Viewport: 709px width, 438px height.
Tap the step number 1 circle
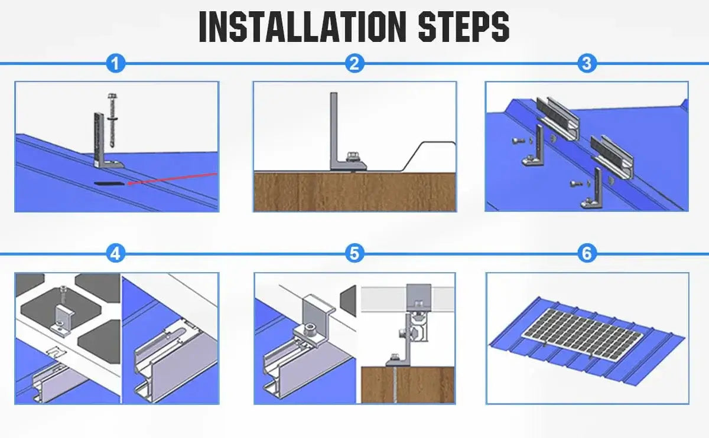point(116,63)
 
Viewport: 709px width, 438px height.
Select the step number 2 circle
point(354,63)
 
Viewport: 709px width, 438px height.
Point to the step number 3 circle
point(587,63)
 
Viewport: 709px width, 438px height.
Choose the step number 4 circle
point(116,253)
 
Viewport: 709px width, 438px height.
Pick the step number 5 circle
point(354,253)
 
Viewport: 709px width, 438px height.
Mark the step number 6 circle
point(587,253)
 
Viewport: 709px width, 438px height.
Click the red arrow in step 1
point(172,178)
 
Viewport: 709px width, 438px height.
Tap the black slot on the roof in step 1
point(108,183)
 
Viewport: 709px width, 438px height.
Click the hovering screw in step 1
point(112,120)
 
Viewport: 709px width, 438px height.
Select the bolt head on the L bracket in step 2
point(352,156)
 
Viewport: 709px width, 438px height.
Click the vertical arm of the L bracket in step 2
point(334,130)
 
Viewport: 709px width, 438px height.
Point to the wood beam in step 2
point(355,192)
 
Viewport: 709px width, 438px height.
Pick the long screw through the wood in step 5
point(395,384)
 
